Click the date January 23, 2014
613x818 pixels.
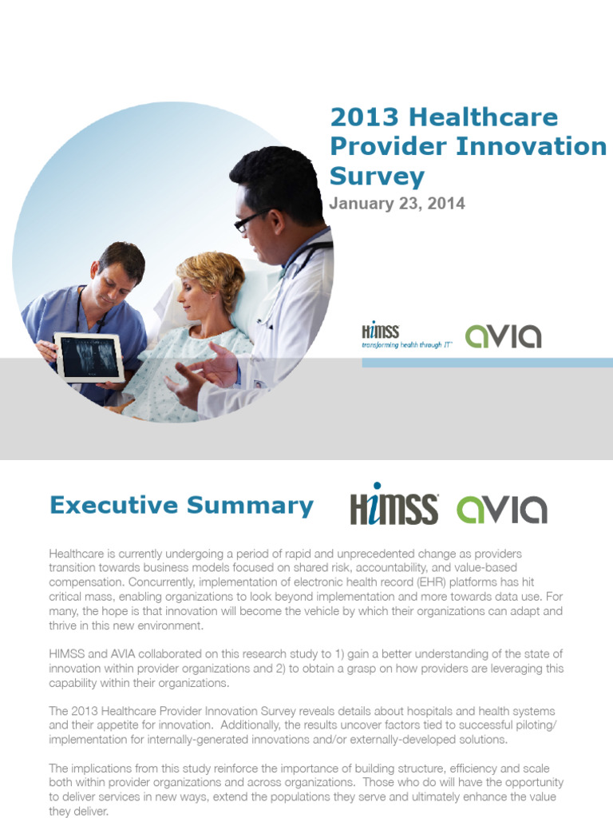click(x=397, y=204)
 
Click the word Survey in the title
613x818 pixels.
click(x=378, y=176)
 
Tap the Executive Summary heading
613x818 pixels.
click(x=181, y=506)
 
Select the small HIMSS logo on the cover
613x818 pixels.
click(x=381, y=331)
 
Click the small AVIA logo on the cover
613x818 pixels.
click(x=503, y=336)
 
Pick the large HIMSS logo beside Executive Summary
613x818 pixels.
click(x=394, y=505)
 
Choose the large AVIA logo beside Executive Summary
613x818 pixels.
click(x=501, y=509)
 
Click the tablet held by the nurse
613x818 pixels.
click(x=88, y=356)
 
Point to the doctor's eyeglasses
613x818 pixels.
click(x=250, y=220)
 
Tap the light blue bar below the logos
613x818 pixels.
click(x=487, y=363)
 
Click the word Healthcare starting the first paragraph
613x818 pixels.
click(x=77, y=554)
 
